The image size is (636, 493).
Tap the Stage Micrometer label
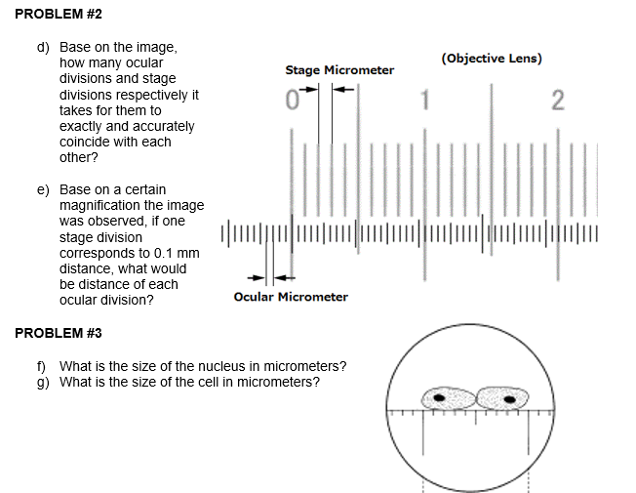339,70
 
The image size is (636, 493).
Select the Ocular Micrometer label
291,297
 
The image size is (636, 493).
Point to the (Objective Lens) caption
492,59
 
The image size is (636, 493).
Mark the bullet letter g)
45,382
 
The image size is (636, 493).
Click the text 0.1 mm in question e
177,253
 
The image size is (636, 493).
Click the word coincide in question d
86,142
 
